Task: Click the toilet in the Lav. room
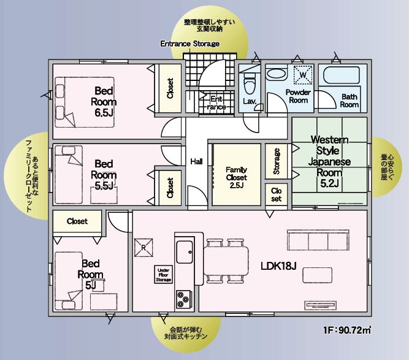(x=250, y=83)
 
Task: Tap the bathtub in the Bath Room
(x=342, y=75)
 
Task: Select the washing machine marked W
(x=303, y=75)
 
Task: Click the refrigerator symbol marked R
(x=143, y=248)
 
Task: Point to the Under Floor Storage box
(x=164, y=275)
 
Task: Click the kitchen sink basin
(x=185, y=251)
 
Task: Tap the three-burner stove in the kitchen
(x=184, y=299)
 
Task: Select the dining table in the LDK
(x=226, y=261)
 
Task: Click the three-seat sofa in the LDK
(x=318, y=240)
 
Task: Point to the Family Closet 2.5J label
(x=237, y=177)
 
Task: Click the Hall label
(x=196, y=161)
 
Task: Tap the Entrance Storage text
(x=189, y=44)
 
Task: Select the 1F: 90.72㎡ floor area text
(x=347, y=331)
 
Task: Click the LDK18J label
(x=278, y=266)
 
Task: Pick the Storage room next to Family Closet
(x=277, y=161)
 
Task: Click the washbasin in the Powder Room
(x=276, y=74)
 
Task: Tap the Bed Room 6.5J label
(x=104, y=102)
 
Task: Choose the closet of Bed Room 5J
(x=77, y=221)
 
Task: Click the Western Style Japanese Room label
(x=329, y=161)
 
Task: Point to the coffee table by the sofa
(x=318, y=275)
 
